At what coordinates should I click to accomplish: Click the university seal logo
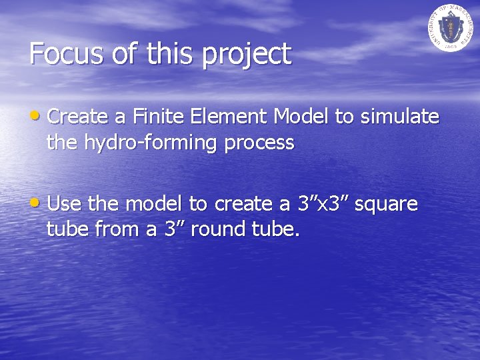pyautogui.click(x=449, y=28)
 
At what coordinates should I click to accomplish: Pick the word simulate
pyautogui.click(x=400, y=117)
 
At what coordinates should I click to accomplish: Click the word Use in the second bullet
pyautogui.click(x=63, y=203)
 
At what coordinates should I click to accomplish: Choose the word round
pyautogui.click(x=223, y=230)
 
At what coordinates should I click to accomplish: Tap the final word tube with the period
pyautogui.click(x=277, y=230)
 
